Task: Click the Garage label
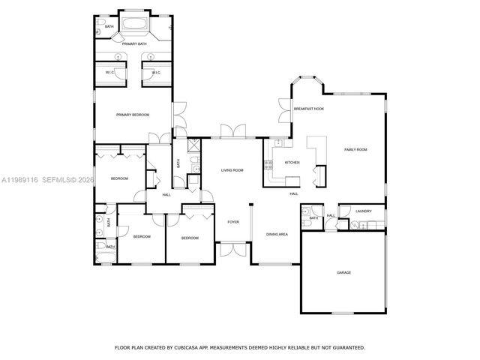343,272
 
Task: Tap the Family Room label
355,150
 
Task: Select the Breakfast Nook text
308,109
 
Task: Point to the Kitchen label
292,162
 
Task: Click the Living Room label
232,170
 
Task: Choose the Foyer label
233,222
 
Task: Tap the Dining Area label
277,235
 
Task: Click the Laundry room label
364,211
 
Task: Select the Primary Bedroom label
133,115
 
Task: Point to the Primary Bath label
134,44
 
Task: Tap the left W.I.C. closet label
109,73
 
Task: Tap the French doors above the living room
232,132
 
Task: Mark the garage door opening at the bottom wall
343,313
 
